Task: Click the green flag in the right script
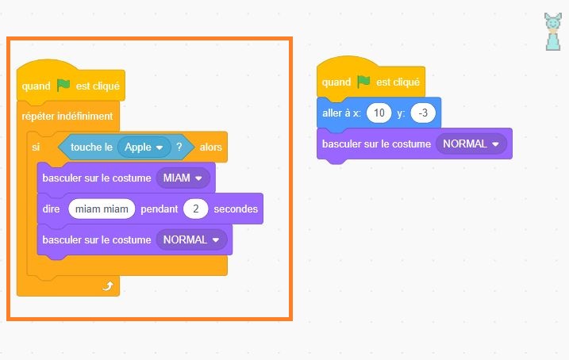click(x=363, y=82)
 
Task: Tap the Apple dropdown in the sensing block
click(x=144, y=147)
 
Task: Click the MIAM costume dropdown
click(x=183, y=178)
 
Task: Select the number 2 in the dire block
click(x=194, y=209)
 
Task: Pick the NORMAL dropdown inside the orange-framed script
click(x=191, y=239)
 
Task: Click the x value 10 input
click(x=379, y=113)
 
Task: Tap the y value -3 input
click(x=424, y=113)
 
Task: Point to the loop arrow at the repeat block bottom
click(x=107, y=286)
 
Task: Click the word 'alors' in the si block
click(x=211, y=147)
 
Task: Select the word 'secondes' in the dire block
click(x=236, y=209)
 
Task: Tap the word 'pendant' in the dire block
click(x=159, y=209)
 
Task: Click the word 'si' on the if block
click(x=35, y=147)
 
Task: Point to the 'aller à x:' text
click(x=341, y=113)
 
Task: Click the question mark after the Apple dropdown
click(x=180, y=147)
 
